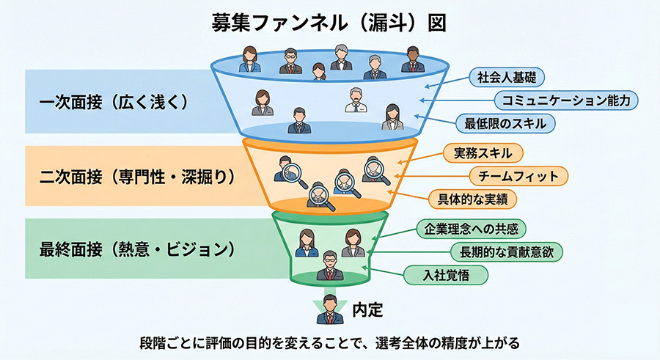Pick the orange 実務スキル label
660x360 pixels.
(x=483, y=153)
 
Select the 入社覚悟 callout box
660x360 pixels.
(x=446, y=275)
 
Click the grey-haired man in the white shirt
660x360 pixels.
(x=356, y=101)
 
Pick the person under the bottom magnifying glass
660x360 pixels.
(x=318, y=192)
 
